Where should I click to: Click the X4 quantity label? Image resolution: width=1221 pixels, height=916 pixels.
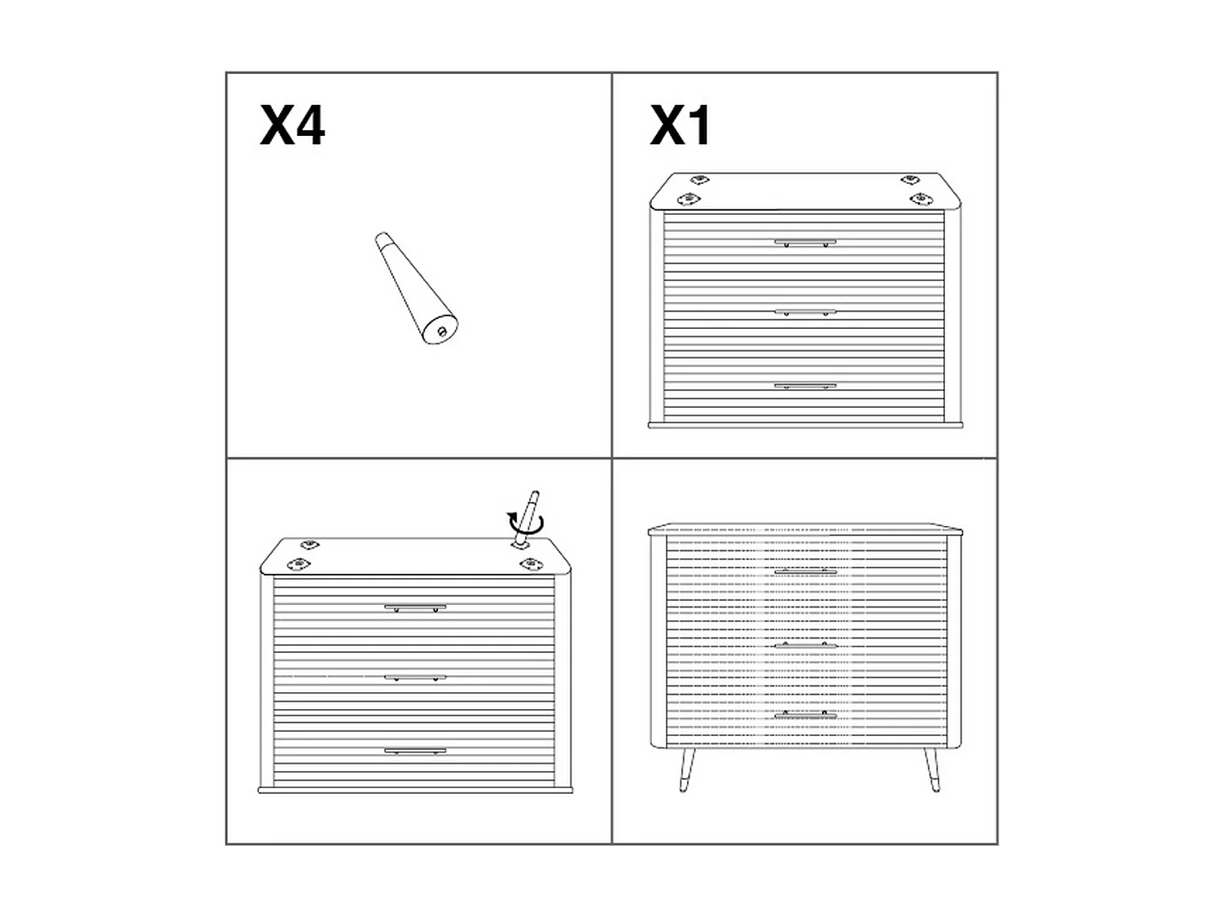(292, 126)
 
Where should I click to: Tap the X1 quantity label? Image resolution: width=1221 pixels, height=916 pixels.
(681, 126)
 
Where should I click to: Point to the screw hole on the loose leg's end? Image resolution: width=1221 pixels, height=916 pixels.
(442, 331)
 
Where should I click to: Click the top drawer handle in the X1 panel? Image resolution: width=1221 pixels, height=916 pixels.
(805, 242)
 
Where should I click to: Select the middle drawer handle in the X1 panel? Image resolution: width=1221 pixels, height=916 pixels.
(805, 312)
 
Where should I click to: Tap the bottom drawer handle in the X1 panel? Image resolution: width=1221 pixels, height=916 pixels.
(805, 385)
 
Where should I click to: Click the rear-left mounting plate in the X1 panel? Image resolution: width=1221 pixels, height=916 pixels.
(698, 180)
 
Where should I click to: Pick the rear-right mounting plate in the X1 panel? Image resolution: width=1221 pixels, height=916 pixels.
(910, 180)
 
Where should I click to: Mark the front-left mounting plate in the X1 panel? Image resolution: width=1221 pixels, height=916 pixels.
(689, 199)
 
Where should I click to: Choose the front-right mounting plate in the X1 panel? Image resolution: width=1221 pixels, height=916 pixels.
(921, 199)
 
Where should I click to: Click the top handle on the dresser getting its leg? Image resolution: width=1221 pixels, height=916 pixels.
(415, 607)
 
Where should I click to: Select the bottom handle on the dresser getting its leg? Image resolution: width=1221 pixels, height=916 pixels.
(415, 750)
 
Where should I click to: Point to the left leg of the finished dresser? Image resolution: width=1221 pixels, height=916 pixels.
(686, 769)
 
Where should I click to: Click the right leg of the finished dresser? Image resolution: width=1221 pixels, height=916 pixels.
(930, 769)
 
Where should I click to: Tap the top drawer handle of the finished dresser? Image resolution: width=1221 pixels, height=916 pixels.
(805, 572)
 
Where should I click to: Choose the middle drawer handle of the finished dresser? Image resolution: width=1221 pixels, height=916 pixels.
(805, 645)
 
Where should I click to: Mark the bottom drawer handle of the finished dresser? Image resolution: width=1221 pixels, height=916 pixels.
(805, 714)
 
